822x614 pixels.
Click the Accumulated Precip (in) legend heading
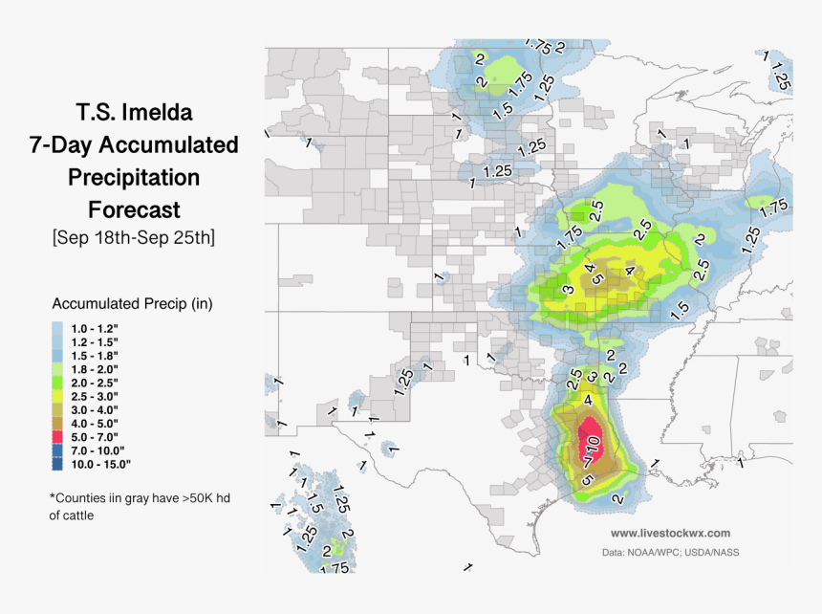(132, 304)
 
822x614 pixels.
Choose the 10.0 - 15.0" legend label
(101, 463)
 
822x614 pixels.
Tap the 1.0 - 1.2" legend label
(95, 328)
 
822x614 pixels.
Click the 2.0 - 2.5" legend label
(95, 383)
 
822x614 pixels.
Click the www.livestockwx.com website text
(670, 533)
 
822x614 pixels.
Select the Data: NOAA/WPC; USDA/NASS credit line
(670, 552)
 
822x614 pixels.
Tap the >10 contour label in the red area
(592, 446)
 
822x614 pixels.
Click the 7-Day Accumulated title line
(134, 145)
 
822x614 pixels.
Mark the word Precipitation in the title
(134, 177)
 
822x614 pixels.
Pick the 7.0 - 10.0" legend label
(98, 450)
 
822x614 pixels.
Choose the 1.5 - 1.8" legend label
(95, 356)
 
